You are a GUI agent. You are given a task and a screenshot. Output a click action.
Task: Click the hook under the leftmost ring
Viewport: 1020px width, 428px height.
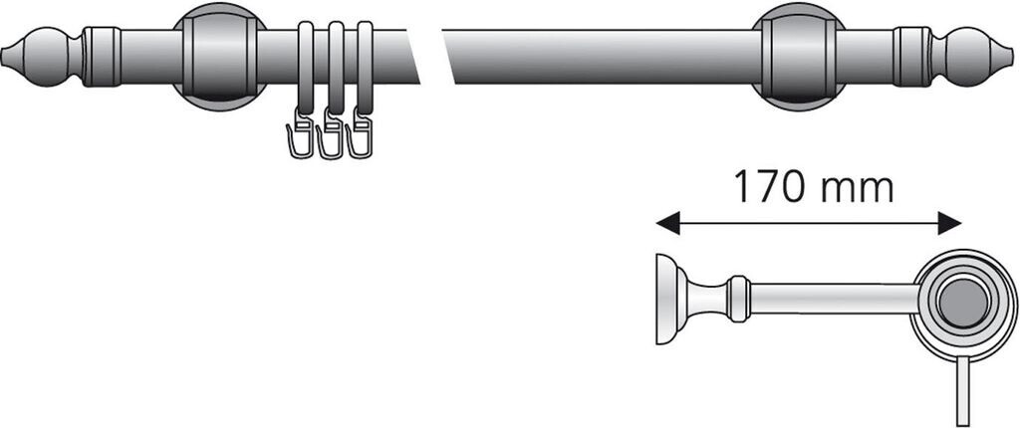[297, 140]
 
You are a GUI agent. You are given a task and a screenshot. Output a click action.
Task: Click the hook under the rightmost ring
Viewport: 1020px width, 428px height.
[361, 140]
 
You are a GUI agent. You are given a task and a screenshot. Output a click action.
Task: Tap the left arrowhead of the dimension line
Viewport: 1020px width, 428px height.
[665, 223]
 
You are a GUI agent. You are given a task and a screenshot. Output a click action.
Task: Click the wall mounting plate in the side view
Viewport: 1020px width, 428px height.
[664, 299]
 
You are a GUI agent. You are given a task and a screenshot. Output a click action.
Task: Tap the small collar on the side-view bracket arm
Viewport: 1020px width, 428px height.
[738, 299]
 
